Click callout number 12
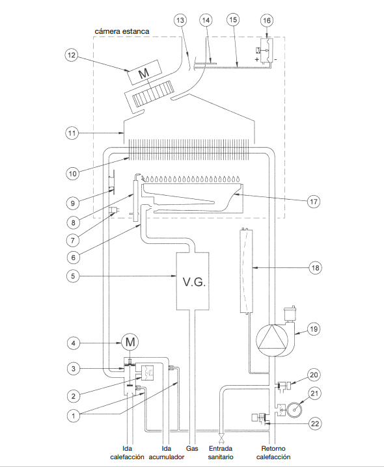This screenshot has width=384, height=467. [72, 55]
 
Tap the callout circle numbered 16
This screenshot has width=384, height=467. [267, 20]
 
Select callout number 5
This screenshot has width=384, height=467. [73, 276]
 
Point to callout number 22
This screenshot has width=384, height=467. [315, 423]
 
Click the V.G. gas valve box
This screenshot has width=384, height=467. [193, 281]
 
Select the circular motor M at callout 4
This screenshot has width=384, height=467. [130, 342]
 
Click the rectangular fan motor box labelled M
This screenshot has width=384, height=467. [145, 72]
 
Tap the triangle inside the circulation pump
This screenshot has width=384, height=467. [272, 337]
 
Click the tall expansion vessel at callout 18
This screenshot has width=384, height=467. [246, 271]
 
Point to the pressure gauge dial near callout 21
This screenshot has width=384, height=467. [294, 410]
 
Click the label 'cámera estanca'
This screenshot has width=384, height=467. [122, 31]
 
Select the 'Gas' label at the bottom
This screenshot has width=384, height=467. [192, 448]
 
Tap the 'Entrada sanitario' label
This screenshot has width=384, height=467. [221, 453]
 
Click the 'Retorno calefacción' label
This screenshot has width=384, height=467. [273, 453]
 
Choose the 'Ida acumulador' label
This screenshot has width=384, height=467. [167, 453]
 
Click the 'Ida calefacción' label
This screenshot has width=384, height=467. [127, 453]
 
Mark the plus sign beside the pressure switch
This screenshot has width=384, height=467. [257, 59]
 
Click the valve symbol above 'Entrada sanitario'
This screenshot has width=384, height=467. [221, 438]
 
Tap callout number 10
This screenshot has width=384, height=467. [72, 174]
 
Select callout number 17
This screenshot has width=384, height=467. [313, 202]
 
